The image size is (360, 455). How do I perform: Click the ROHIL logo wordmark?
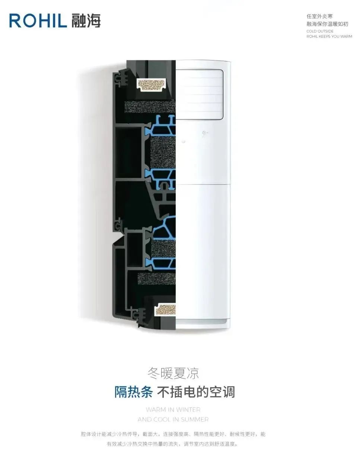click(38, 20)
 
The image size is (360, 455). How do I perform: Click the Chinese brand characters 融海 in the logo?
click(86, 20)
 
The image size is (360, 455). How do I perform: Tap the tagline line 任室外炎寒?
click(319, 16)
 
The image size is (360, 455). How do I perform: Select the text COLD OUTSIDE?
click(320, 31)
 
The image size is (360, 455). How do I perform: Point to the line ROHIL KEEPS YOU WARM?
click(329, 37)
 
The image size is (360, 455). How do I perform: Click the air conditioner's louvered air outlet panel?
click(200, 94)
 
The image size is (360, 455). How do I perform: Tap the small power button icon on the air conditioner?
click(204, 133)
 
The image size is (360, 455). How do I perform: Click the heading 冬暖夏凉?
click(173, 373)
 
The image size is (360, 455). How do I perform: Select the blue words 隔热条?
click(133, 392)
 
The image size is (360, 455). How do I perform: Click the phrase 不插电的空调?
click(196, 392)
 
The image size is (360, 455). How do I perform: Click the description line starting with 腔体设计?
click(173, 434)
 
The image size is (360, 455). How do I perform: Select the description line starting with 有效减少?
click(172, 444)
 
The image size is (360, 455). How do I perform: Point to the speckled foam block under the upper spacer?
click(150, 107)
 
